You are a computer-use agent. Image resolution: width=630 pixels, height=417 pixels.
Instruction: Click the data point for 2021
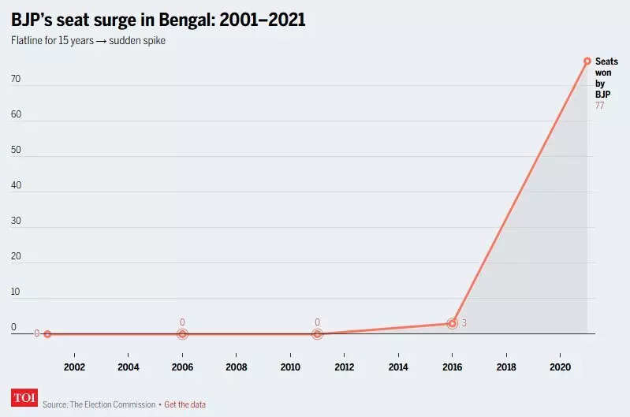pos(587,61)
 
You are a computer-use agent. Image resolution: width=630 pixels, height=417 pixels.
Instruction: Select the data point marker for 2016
pos(453,323)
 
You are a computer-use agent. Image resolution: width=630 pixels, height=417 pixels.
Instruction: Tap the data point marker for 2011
pos(317,334)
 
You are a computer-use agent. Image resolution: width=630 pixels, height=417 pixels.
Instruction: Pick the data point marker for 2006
pos(182,334)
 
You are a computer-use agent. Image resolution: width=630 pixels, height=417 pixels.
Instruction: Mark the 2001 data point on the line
pos(47,334)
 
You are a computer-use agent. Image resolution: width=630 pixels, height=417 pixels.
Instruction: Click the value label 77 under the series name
pos(600,106)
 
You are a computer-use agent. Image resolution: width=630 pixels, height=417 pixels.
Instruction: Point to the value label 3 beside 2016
pos(464,323)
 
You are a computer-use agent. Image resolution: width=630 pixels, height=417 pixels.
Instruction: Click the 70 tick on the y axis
pos(16,80)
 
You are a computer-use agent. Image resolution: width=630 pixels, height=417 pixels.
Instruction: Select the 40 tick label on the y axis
pos(16,186)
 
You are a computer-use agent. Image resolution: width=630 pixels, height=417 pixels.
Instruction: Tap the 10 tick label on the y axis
pos(16,292)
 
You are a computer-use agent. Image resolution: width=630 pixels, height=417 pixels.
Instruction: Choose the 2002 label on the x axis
pos(74,367)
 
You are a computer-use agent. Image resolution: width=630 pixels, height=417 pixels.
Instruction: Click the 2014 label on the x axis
pos(398,367)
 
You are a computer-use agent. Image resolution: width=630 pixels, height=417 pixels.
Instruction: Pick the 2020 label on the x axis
pos(560,367)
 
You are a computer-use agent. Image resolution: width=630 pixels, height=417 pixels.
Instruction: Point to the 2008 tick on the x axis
pos(236,367)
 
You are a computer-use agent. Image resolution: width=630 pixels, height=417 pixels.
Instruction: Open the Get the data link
pos(185,404)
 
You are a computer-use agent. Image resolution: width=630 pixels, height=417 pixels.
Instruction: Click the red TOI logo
pos(24,398)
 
